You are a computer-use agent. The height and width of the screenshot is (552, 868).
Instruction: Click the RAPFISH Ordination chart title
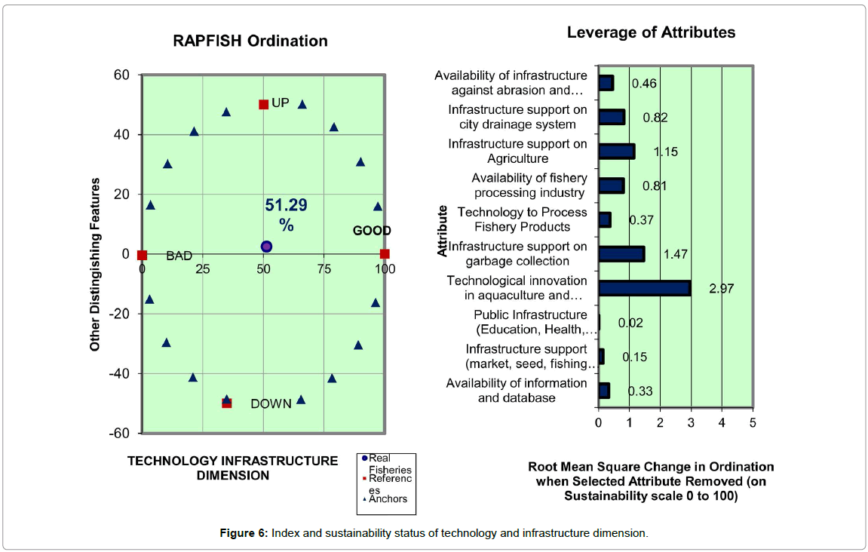(x=250, y=41)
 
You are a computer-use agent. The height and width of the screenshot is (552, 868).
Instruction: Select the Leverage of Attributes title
(x=651, y=32)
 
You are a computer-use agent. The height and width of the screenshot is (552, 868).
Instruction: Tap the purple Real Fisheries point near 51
(x=266, y=247)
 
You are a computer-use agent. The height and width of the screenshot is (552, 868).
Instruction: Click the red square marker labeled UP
(x=263, y=104)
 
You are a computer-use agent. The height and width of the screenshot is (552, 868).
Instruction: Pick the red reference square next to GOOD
(x=385, y=254)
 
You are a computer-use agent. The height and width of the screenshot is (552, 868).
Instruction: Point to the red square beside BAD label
(x=143, y=255)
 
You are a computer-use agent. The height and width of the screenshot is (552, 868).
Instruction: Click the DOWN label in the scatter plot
(x=271, y=404)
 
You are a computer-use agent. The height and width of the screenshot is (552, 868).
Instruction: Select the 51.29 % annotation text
(x=286, y=215)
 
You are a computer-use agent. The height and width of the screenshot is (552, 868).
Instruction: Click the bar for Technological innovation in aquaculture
(x=644, y=288)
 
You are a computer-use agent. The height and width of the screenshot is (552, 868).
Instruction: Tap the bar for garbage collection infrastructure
(x=621, y=253)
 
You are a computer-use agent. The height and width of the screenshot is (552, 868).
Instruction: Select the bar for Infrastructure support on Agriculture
(x=616, y=151)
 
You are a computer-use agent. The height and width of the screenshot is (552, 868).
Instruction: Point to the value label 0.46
(x=643, y=83)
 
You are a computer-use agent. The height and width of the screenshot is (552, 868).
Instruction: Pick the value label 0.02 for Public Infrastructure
(x=630, y=323)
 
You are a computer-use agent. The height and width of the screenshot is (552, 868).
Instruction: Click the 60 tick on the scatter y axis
(x=122, y=75)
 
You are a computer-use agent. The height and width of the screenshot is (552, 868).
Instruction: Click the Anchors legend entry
(x=388, y=499)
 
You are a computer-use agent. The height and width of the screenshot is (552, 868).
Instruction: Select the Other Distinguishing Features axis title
(x=95, y=265)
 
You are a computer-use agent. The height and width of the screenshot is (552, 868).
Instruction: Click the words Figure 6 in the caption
(x=243, y=534)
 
